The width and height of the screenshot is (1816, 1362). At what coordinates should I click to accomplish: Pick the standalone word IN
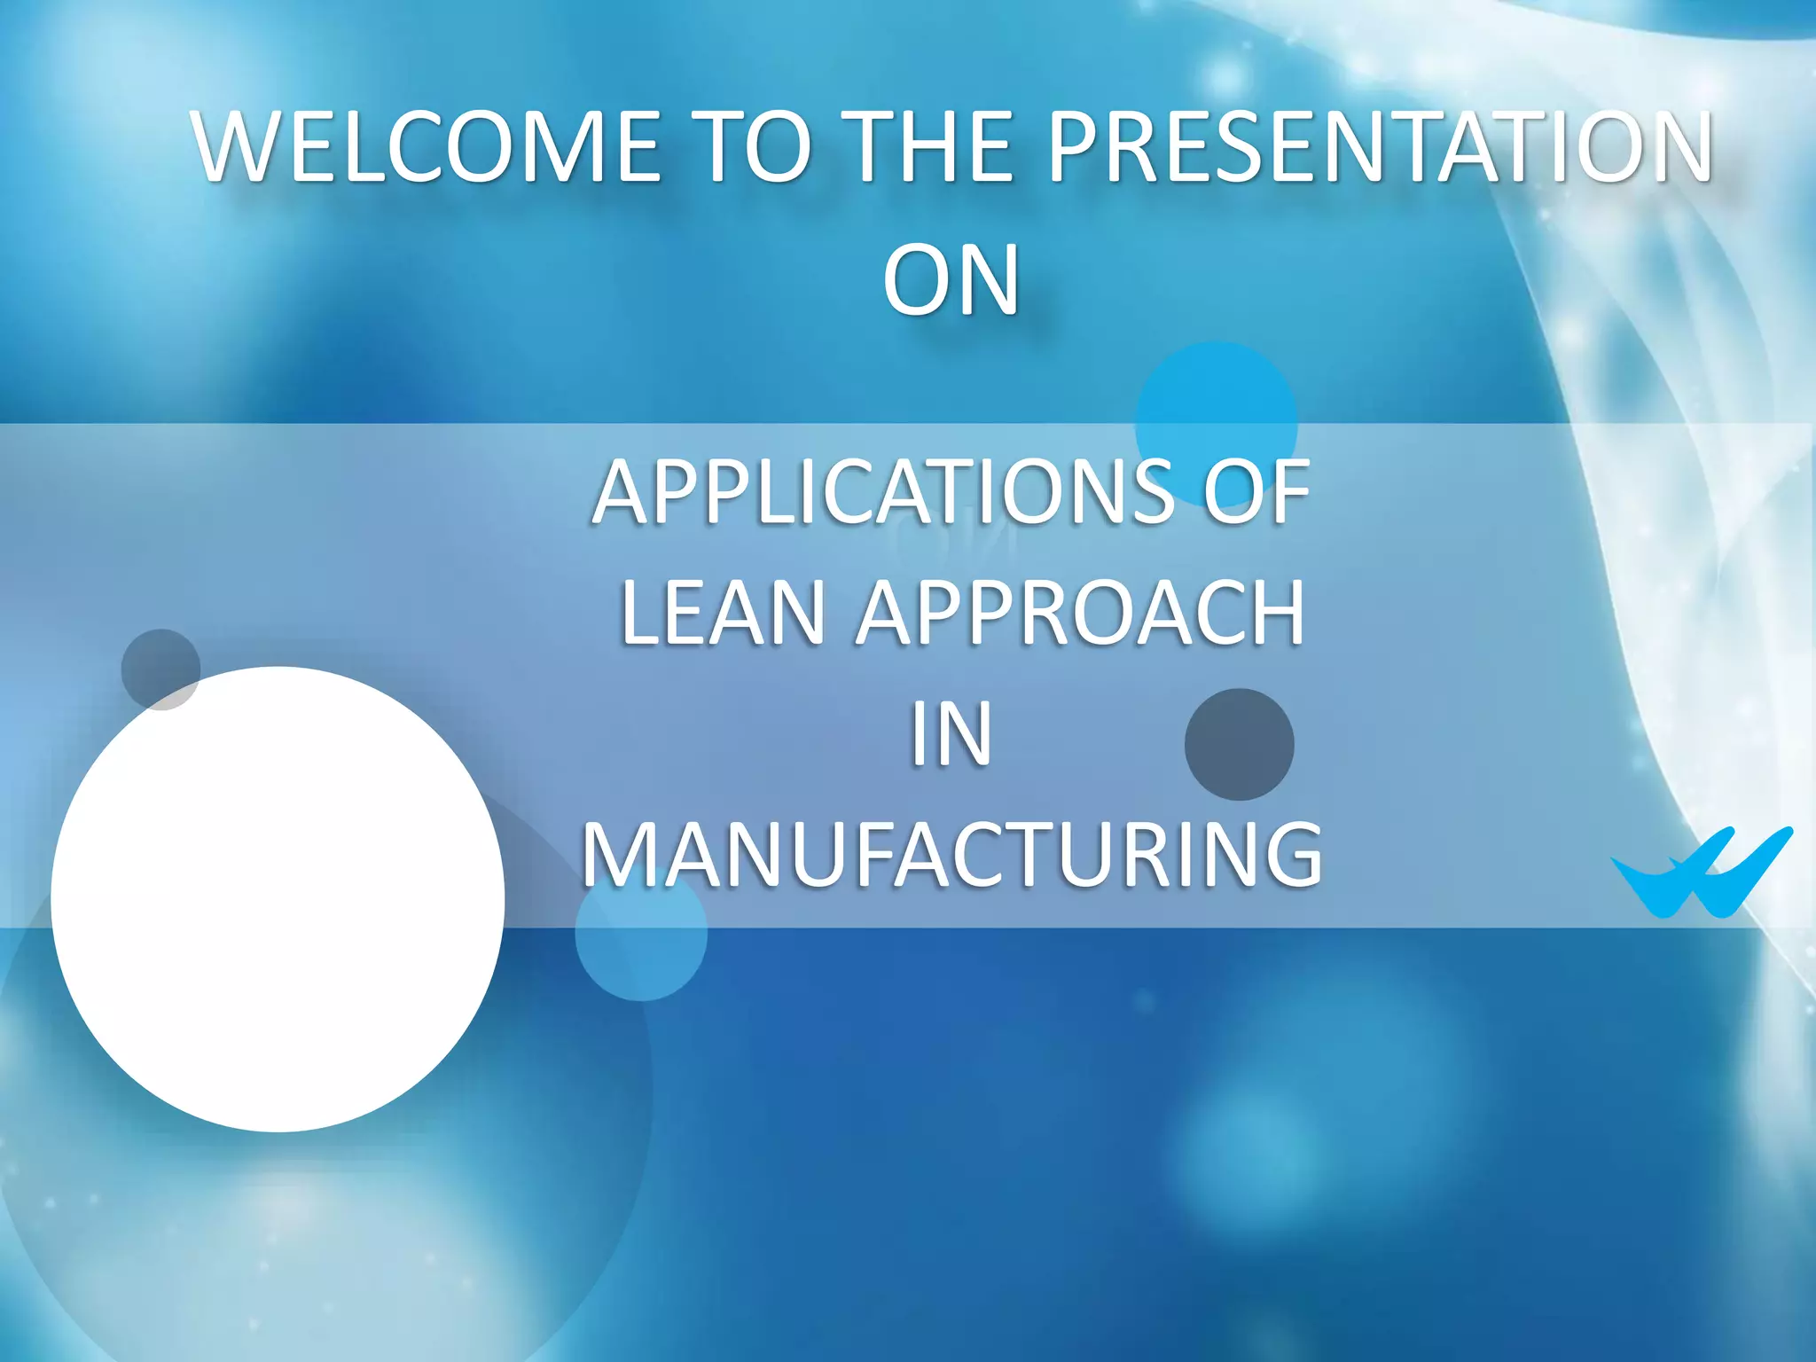click(951, 734)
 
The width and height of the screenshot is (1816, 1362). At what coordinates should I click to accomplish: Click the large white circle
click(278, 898)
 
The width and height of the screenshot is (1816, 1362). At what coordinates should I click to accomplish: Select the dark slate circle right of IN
click(1239, 744)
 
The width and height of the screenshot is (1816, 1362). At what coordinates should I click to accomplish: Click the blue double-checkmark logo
click(1701, 873)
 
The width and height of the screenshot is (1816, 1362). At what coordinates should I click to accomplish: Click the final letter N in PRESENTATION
click(1675, 146)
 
